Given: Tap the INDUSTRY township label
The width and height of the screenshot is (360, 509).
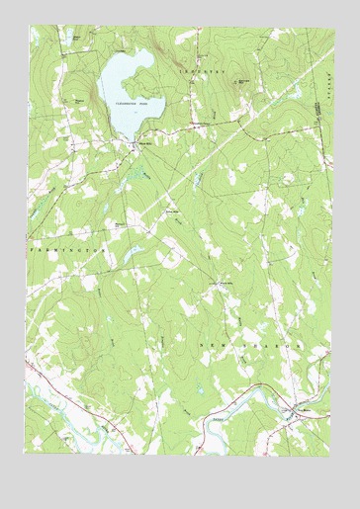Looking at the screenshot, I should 202,73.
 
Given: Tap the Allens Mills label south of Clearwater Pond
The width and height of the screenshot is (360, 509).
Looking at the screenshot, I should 144,142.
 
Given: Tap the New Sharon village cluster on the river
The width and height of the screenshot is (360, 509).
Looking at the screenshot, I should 289,407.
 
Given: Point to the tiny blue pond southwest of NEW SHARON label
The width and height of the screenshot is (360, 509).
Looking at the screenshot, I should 201,389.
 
